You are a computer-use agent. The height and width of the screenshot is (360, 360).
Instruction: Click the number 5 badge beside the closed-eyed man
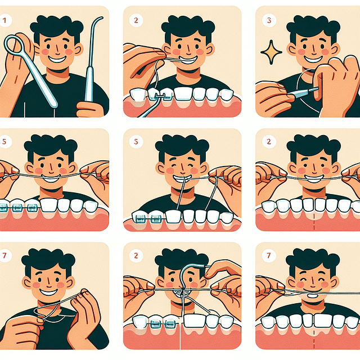pos(137,142)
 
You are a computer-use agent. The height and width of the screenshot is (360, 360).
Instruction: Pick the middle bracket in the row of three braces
pos(17,208)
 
